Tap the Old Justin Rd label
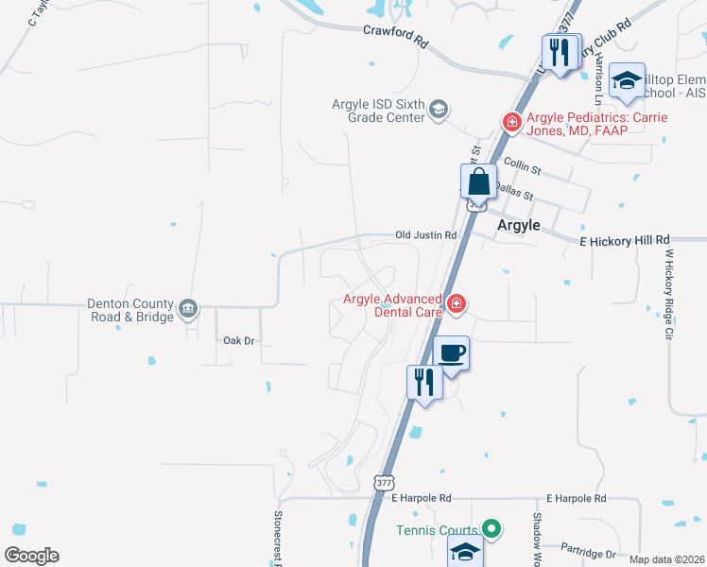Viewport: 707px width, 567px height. click(425, 234)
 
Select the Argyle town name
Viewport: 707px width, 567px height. click(519, 225)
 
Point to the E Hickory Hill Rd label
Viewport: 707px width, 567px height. click(624, 241)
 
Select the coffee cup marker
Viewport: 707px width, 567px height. click(452, 353)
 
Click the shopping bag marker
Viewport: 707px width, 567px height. click(479, 181)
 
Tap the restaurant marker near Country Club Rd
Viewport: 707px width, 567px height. click(561, 51)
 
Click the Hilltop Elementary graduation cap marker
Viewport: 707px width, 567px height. click(627, 80)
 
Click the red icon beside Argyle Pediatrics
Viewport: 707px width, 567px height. click(511, 121)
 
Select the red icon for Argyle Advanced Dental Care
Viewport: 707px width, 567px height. click(456, 303)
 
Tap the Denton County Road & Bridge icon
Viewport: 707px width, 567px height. click(188, 306)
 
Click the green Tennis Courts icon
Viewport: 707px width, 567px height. click(490, 529)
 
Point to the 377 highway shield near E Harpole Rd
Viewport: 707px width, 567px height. click(383, 482)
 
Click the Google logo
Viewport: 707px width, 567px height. click(31, 556)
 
